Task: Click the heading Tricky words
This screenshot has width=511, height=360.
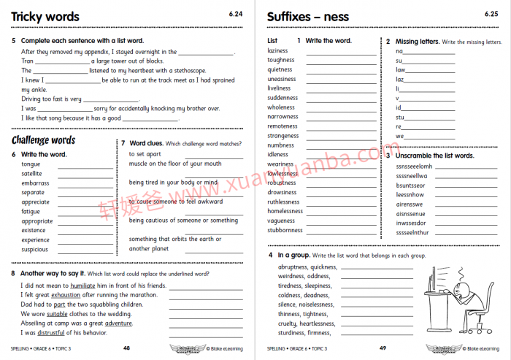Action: [45, 17]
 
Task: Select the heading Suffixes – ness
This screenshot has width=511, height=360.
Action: [308, 17]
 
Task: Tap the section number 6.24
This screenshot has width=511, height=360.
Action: [235, 14]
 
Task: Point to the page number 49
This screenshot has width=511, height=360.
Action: [383, 348]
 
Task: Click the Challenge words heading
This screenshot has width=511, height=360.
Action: [43, 140]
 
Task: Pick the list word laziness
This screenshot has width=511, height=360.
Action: [278, 51]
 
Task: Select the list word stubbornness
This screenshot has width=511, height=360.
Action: [285, 230]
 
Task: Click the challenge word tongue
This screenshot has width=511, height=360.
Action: [31, 164]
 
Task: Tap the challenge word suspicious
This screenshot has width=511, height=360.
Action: [35, 249]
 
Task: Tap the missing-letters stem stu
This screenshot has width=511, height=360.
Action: [400, 117]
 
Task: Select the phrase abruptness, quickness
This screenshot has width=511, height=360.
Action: [307, 267]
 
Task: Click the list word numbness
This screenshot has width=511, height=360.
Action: [281, 145]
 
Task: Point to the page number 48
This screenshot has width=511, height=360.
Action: [126, 348]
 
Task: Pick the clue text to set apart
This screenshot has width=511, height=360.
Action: [145, 154]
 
